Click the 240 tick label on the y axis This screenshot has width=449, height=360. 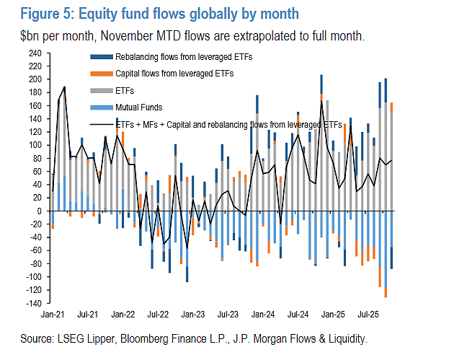coord(35,53)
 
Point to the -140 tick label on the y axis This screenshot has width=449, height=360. coord(34,303)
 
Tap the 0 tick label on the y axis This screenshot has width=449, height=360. coord(40,211)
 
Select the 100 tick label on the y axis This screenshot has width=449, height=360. coord(35,145)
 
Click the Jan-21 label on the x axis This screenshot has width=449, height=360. coord(53,315)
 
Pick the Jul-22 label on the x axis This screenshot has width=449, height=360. coord(158,315)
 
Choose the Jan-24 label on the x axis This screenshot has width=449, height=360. coord(263,315)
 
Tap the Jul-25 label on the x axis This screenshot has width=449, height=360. coord(368,315)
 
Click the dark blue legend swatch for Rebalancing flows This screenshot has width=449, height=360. coord(102,57)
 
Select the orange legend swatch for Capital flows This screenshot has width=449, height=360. coord(102,74)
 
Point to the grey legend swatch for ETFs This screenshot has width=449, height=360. coord(102,91)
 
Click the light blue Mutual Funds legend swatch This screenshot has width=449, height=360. coord(102,107)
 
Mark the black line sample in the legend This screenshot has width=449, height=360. coord(102,124)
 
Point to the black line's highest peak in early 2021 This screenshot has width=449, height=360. coord(64,87)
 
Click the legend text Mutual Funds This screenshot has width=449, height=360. coord(139,107)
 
